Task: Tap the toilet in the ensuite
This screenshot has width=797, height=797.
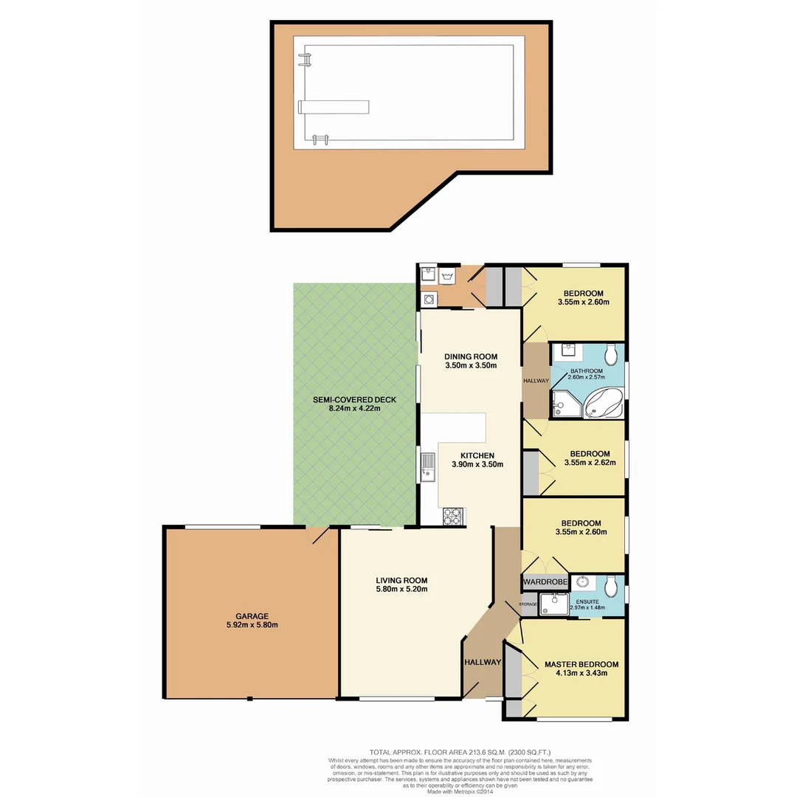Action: (x=610, y=587)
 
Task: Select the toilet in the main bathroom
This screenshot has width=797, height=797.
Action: (x=610, y=351)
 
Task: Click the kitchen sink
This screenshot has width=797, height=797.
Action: (x=429, y=466)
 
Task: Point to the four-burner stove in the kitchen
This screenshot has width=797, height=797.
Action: (x=452, y=516)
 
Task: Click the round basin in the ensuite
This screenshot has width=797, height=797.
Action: (x=582, y=582)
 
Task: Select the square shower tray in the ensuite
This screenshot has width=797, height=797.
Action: (x=554, y=604)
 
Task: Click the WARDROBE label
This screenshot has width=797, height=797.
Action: (x=546, y=582)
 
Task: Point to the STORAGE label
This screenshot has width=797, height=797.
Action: (x=528, y=604)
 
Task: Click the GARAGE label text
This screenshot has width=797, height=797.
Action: (x=252, y=616)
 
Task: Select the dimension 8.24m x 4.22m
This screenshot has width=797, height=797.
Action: (x=354, y=410)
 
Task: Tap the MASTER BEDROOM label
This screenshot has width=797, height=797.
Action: (x=582, y=664)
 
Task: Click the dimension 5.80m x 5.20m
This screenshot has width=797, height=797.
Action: (x=401, y=589)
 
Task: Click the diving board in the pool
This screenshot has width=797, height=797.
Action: (x=333, y=107)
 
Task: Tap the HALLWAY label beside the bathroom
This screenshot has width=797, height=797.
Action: (x=536, y=381)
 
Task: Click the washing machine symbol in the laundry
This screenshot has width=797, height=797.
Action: (x=427, y=299)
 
